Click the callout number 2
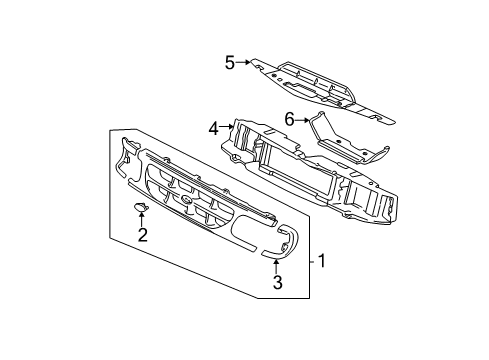point(142,236)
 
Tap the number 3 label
point(278,283)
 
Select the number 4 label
point(213,127)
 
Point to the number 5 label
point(229,64)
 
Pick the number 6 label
point(290,118)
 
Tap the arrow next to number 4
point(227,127)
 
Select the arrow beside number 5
point(244,64)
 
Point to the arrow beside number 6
point(303,119)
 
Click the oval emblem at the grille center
point(187,202)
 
